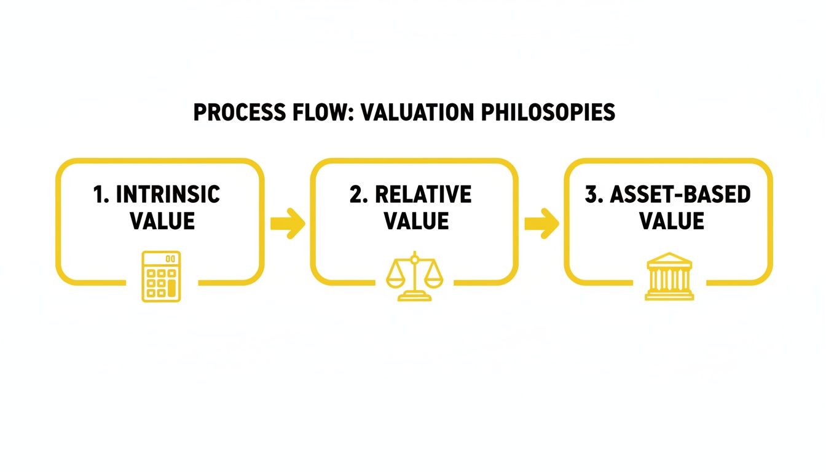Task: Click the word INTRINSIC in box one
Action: pyautogui.click(x=168, y=195)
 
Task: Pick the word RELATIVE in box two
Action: pyautogui.click(x=423, y=195)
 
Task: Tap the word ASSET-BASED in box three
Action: pyautogui.click(x=680, y=195)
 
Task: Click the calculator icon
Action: pyautogui.click(x=161, y=277)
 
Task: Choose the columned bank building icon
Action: pyautogui.click(x=669, y=277)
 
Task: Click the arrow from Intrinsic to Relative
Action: pyautogui.click(x=288, y=223)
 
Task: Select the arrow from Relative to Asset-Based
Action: pyautogui.click(x=541, y=223)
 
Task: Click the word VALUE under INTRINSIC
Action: pyautogui.click(x=162, y=221)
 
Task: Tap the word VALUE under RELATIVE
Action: pyautogui.click(x=417, y=221)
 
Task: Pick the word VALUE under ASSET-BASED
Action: pyautogui.click(x=672, y=221)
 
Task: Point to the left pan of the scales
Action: pyautogui.click(x=396, y=280)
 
